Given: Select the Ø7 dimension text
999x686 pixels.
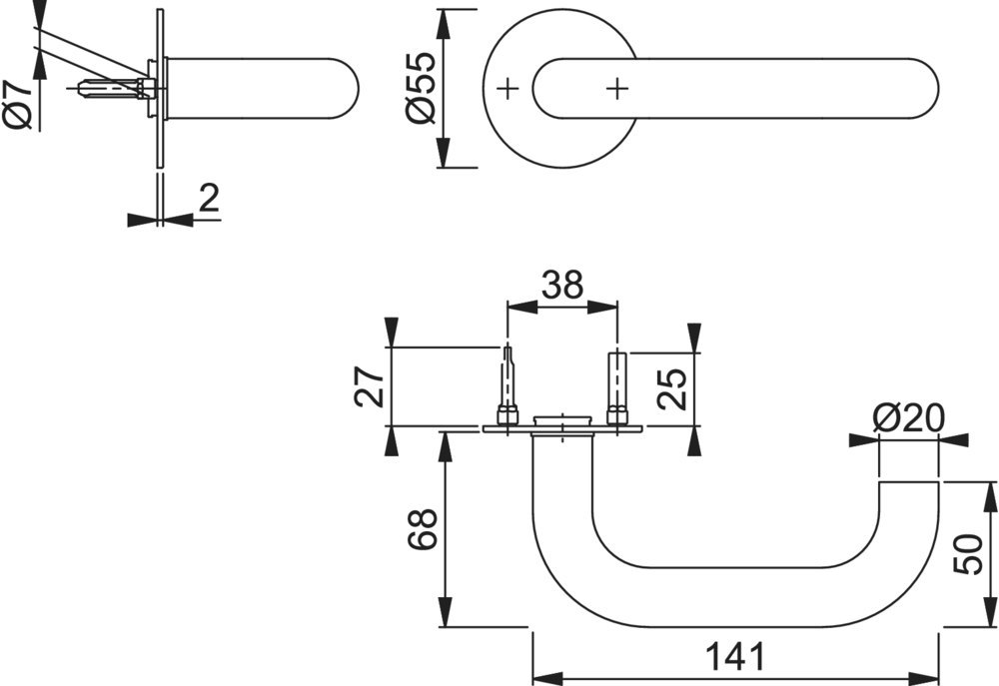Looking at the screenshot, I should click(19, 104).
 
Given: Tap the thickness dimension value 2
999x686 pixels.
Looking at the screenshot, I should click(208, 199).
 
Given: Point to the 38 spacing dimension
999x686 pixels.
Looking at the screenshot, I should click(561, 287).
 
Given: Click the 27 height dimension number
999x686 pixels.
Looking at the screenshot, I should click(370, 386).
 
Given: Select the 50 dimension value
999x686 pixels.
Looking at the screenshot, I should click(967, 553).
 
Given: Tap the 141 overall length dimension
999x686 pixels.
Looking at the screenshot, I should click(735, 658).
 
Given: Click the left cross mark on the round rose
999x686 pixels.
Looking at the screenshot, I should click(508, 89).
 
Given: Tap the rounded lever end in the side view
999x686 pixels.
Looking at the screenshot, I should click(345, 88).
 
